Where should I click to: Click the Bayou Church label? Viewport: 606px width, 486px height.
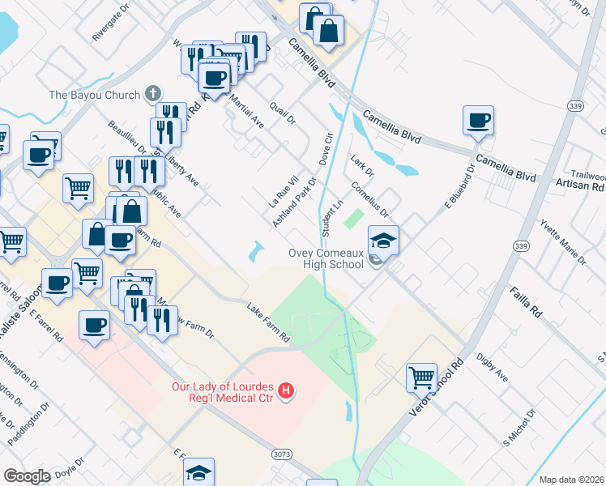(x=94, y=95)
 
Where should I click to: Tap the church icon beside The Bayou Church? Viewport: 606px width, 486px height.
(x=151, y=94)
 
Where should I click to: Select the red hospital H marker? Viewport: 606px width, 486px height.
(x=285, y=392)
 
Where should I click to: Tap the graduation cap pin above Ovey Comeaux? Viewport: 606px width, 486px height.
(x=383, y=241)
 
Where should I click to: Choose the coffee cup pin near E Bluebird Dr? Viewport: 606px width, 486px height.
(x=478, y=121)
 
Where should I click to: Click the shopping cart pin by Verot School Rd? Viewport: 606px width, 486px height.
(x=421, y=377)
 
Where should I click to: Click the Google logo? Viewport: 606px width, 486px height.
(x=28, y=475)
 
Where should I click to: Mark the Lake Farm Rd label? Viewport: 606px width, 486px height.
(x=269, y=321)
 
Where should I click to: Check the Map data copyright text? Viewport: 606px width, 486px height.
(x=571, y=480)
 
